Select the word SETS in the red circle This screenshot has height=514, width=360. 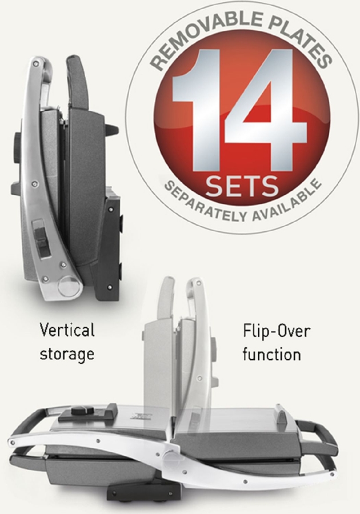(x=242, y=185)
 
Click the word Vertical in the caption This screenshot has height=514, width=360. (x=67, y=330)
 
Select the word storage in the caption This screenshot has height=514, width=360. (x=67, y=354)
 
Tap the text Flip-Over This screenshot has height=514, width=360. (x=276, y=331)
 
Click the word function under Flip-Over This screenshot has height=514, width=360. (x=272, y=354)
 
